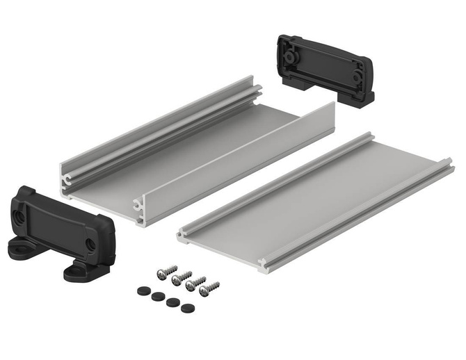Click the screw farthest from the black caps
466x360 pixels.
tap(209, 288)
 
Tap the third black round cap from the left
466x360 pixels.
tap(171, 303)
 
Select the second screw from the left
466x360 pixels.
tap(182, 277)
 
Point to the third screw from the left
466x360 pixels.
tap(196, 282)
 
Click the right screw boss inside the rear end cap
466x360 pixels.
tap(356, 73)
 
